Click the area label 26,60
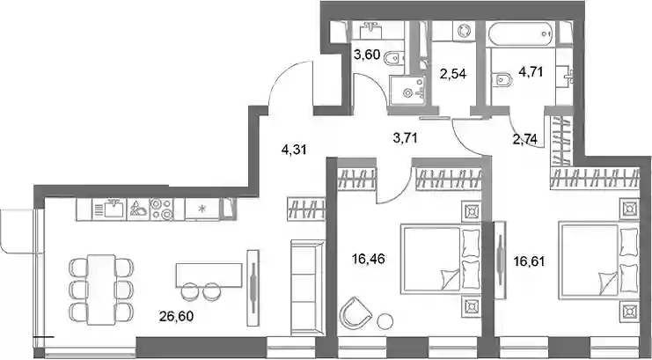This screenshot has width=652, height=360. (176, 317)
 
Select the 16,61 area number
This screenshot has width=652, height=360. (529, 261)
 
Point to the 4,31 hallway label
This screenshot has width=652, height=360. (294, 150)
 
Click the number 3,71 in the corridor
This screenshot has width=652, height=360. (405, 137)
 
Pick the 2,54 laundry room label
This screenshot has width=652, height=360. (453, 74)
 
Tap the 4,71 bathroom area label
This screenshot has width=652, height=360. (531, 71)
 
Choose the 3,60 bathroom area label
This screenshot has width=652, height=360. (367, 55)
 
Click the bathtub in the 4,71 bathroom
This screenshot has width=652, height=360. (523, 33)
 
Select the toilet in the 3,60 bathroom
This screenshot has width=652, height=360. (393, 59)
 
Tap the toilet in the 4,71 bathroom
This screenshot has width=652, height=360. (502, 79)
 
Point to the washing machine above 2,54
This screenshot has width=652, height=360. (463, 31)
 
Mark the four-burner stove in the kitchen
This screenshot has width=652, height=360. (161, 209)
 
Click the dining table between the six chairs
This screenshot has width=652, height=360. (101, 290)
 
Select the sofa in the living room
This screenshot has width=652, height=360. (307, 287)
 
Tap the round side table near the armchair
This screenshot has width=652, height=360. (385, 321)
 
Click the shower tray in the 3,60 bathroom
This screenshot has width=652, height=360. (407, 92)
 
